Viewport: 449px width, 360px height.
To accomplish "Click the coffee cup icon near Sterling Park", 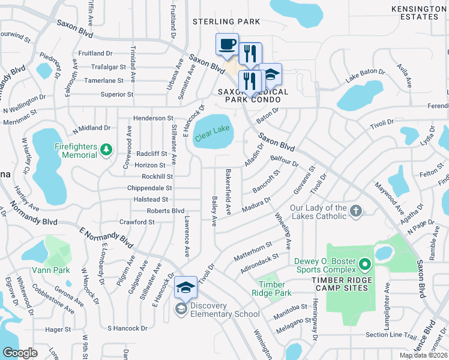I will tap(228, 44).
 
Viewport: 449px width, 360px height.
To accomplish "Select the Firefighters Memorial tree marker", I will tap(106, 148).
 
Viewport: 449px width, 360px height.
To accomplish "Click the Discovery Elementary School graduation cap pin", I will tap(185, 287).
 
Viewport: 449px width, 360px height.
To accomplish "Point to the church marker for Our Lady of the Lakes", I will tap(357, 211).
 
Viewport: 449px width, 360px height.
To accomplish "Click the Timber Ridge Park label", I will tap(275, 289).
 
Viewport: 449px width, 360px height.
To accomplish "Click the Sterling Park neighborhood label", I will tap(226, 22).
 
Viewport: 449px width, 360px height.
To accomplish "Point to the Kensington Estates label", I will tap(419, 13).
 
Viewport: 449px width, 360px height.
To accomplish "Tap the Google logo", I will tap(20, 353).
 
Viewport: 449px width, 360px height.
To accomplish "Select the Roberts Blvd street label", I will tap(166, 211).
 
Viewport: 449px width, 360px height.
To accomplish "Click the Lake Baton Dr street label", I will tap(364, 76).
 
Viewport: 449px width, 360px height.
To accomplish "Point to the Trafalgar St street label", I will tap(104, 67).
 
